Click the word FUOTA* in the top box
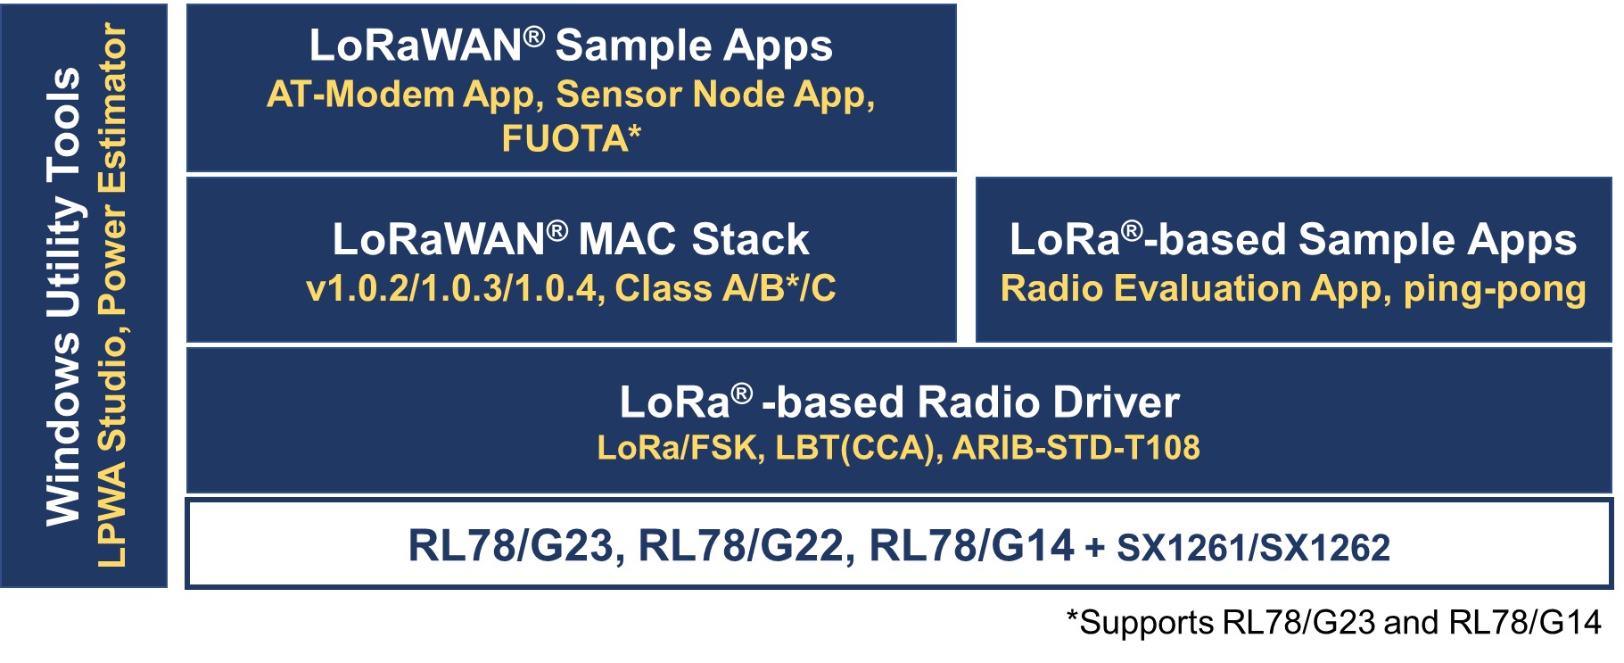tap(571, 139)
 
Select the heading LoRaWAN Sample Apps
tap(571, 46)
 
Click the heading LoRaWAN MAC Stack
tap(571, 240)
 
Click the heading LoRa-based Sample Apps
tap(1293, 240)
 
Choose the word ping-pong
tap(1495, 289)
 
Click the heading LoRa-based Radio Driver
tap(899, 402)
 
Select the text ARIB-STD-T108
tap(1076, 448)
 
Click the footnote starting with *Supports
tap(1333, 623)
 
